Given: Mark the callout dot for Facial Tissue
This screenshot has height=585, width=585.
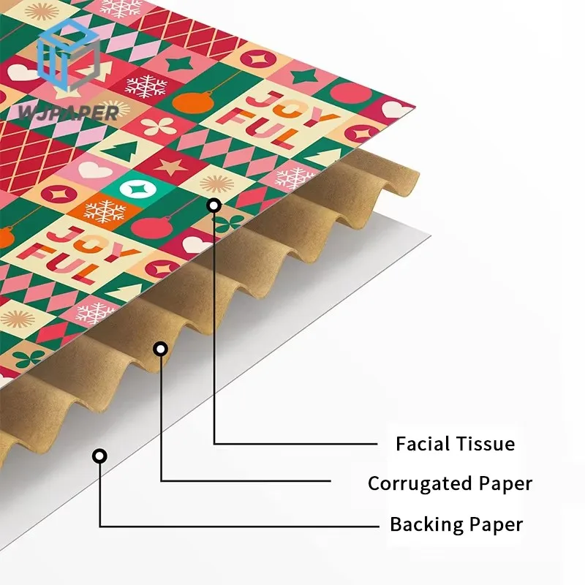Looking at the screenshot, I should (214, 205).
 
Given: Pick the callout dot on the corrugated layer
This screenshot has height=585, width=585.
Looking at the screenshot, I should (160, 349).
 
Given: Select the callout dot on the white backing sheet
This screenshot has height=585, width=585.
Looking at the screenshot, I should (99, 456).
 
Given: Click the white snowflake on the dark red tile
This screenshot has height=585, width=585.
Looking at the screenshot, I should (146, 86).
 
